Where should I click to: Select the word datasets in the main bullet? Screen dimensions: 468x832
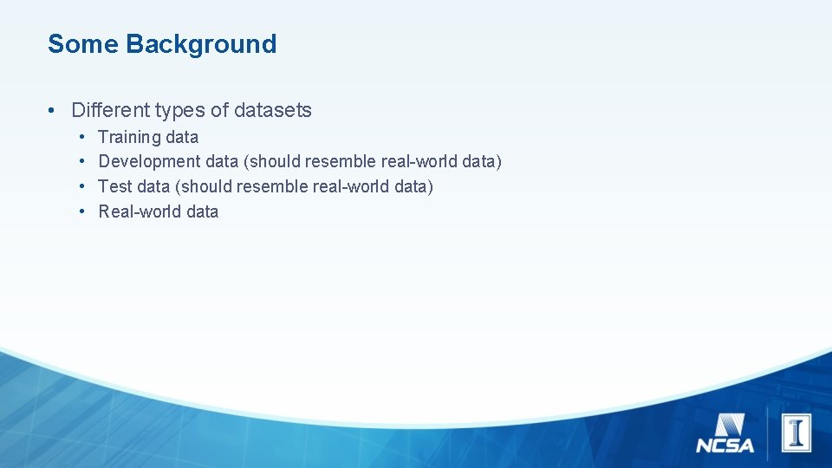click(273, 110)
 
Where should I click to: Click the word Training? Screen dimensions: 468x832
click(130, 137)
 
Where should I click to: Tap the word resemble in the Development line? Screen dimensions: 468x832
click(341, 161)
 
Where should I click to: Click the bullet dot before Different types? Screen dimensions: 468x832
click(53, 111)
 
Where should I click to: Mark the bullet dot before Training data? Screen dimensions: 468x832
click(81, 138)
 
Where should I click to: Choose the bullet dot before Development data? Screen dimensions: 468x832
click(81, 162)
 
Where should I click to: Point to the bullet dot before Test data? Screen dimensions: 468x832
click(81, 187)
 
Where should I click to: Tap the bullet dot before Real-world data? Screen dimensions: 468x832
click(81, 212)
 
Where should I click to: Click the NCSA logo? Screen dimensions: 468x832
click(725, 434)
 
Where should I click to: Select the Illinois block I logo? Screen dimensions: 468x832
click(796, 432)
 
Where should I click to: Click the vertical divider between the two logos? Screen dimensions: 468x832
click(767, 431)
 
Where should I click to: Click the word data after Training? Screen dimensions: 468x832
click(182, 137)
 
